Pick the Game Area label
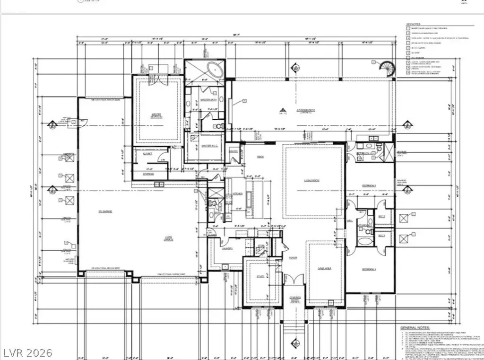pos(324,268)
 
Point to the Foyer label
pos(293,257)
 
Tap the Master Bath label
pos(206,100)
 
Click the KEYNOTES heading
pos(414,24)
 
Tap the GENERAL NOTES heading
pos(415,327)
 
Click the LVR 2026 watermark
pos(27,352)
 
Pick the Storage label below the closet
pos(148,174)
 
